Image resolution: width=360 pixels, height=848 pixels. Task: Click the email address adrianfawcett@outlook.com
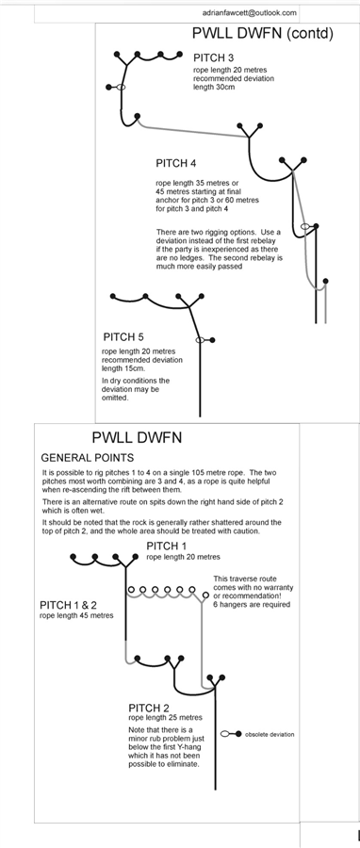tap(250, 12)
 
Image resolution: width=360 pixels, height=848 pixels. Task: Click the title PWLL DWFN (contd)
tap(262, 34)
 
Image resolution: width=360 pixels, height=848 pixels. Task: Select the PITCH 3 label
tap(214, 57)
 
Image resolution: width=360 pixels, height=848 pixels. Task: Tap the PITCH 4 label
tap(175, 163)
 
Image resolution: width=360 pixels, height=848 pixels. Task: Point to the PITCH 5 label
tap(123, 337)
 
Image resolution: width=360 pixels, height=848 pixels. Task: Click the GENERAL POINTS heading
tap(88, 458)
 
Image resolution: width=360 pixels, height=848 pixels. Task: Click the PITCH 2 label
tap(149, 708)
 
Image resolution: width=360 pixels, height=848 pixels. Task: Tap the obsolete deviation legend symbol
tap(231, 734)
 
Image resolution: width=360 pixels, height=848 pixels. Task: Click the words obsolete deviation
tap(270, 734)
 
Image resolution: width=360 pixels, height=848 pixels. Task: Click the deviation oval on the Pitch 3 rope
tap(121, 87)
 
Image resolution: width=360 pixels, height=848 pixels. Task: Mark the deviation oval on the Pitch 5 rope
tap(200, 339)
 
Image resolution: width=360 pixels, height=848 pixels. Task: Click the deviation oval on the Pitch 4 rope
tap(305, 226)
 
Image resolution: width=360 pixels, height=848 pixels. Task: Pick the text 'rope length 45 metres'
tap(76, 615)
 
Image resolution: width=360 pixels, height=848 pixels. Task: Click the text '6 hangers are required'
tap(252, 604)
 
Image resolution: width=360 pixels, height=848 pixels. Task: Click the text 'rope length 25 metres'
tap(166, 718)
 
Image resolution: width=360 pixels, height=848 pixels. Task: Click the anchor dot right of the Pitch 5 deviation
tap(212, 339)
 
